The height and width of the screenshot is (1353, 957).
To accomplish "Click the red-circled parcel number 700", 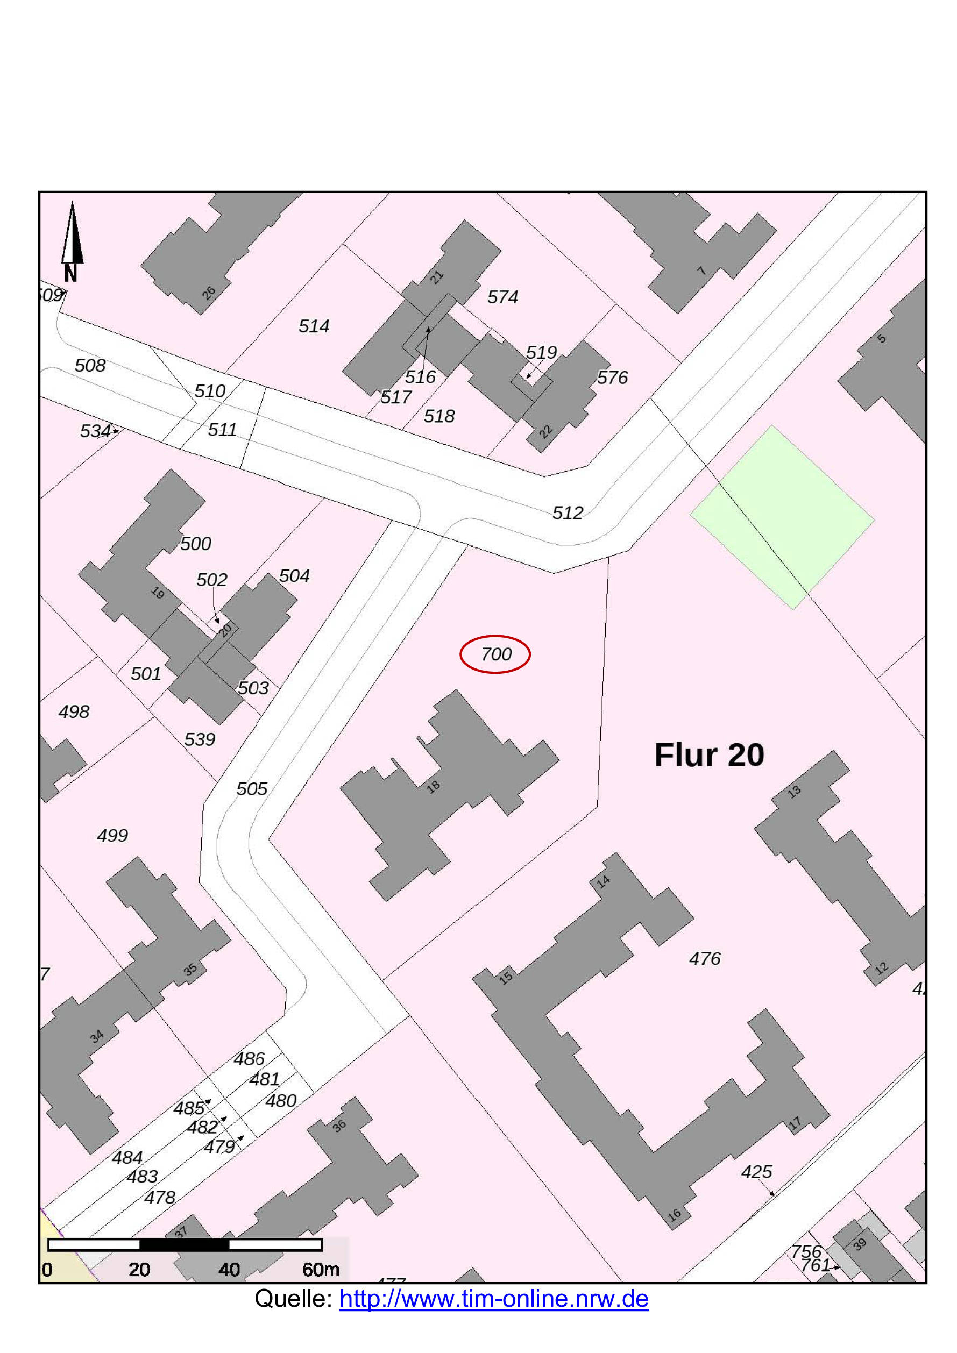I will [x=495, y=654].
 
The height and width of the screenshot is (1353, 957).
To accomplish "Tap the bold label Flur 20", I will [x=709, y=755].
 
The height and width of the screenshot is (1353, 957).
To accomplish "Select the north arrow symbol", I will [x=72, y=236].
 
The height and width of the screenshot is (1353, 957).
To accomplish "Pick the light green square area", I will [x=782, y=517].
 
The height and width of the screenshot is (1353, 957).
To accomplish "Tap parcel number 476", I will [x=705, y=959].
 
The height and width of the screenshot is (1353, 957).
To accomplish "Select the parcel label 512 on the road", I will [x=567, y=512].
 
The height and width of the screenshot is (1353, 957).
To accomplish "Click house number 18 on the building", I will [x=434, y=786].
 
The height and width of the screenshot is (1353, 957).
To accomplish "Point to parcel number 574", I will [x=502, y=297].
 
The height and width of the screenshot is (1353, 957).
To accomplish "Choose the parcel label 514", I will [x=314, y=326].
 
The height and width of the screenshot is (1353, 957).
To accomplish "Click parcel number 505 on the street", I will [x=252, y=788].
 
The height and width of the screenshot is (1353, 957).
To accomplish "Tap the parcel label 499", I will [x=112, y=835].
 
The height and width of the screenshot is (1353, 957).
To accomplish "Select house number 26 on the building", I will [x=209, y=293].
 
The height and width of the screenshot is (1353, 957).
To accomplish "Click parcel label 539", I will [x=200, y=739].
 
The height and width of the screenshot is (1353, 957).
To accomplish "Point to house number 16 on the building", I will [x=675, y=1214].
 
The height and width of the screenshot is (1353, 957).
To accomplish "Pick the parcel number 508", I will [x=90, y=365].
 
